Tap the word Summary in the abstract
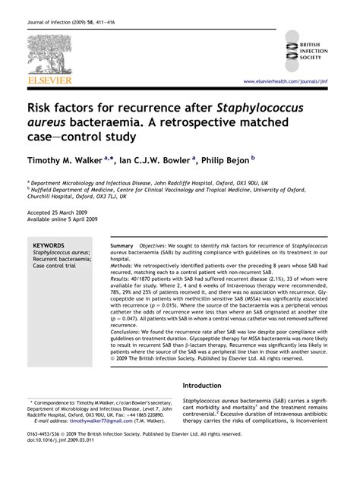tap(123, 247)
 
